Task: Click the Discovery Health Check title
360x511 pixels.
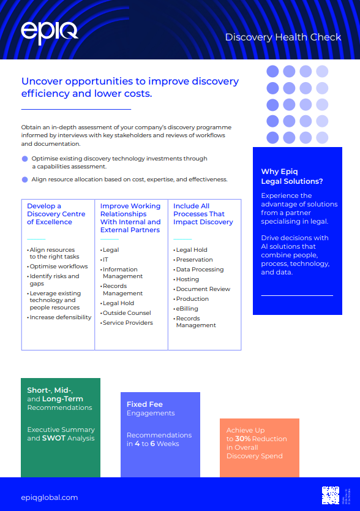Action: click(x=283, y=37)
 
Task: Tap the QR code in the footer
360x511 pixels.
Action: click(x=331, y=494)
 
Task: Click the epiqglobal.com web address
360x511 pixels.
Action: click(x=50, y=498)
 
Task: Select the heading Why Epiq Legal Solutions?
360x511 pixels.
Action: click(x=292, y=176)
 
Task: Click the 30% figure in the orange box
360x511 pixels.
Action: click(x=243, y=439)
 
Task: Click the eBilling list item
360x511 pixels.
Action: click(x=187, y=309)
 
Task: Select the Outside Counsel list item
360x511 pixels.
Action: click(x=127, y=313)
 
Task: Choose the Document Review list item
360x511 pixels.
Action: click(x=203, y=289)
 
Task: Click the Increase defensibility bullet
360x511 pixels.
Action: click(x=61, y=317)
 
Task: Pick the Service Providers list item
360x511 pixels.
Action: click(x=128, y=323)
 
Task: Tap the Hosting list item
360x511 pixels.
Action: click(x=187, y=279)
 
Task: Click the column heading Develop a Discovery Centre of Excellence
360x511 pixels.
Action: click(x=56, y=214)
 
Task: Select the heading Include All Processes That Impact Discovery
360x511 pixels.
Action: click(x=203, y=214)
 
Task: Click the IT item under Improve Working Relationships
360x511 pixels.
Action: click(x=105, y=260)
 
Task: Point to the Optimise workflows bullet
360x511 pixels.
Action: click(x=59, y=267)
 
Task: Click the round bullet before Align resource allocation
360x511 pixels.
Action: click(x=24, y=180)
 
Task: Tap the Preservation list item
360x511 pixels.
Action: click(x=195, y=260)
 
